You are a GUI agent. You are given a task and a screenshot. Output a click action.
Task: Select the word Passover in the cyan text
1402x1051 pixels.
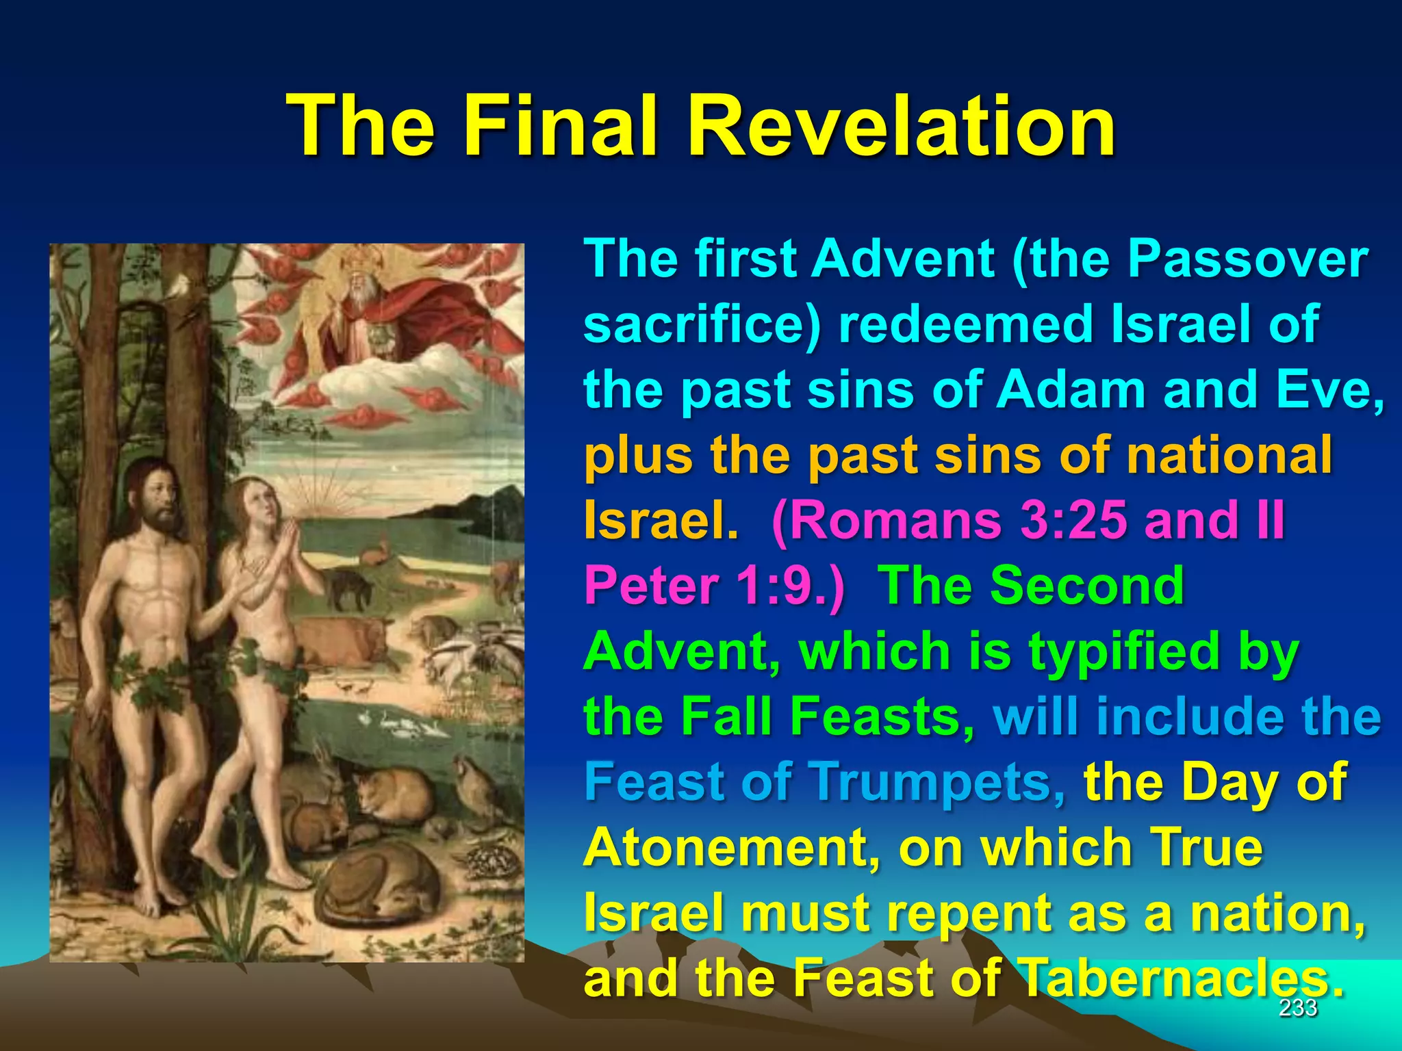click(x=1247, y=259)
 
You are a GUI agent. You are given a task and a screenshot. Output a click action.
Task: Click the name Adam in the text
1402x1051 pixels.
click(x=1070, y=389)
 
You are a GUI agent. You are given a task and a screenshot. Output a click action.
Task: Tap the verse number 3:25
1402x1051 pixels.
click(x=1073, y=519)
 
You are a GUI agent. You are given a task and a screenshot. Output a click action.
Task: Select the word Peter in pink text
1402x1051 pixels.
click(x=651, y=586)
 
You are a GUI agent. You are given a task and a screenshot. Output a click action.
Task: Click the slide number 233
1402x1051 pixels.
click(x=1298, y=1007)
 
